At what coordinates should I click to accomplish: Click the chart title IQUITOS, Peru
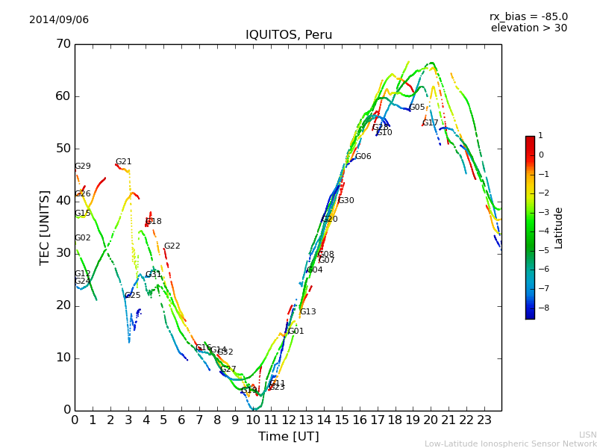[289, 35]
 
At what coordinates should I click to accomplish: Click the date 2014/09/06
[59, 19]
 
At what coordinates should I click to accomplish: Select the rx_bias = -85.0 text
[528, 16]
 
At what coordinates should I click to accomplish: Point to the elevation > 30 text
[528, 28]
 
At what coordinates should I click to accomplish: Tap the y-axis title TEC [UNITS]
[45, 227]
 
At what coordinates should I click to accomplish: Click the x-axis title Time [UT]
[289, 437]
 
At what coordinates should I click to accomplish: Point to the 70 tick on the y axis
[63, 44]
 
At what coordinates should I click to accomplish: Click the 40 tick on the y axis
[63, 201]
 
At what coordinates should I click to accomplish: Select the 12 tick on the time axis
[288, 420]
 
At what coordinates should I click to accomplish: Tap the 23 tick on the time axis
[484, 420]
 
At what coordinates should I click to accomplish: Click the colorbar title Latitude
[559, 228]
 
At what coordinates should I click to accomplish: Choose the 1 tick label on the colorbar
[540, 136]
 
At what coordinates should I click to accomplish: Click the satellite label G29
[82, 167]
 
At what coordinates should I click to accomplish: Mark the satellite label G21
[123, 162]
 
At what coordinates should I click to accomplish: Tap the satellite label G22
[172, 246]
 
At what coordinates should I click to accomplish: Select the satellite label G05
[416, 108]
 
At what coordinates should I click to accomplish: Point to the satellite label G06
[363, 157]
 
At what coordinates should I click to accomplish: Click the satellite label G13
[307, 312]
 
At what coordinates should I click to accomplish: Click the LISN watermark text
[587, 435]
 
